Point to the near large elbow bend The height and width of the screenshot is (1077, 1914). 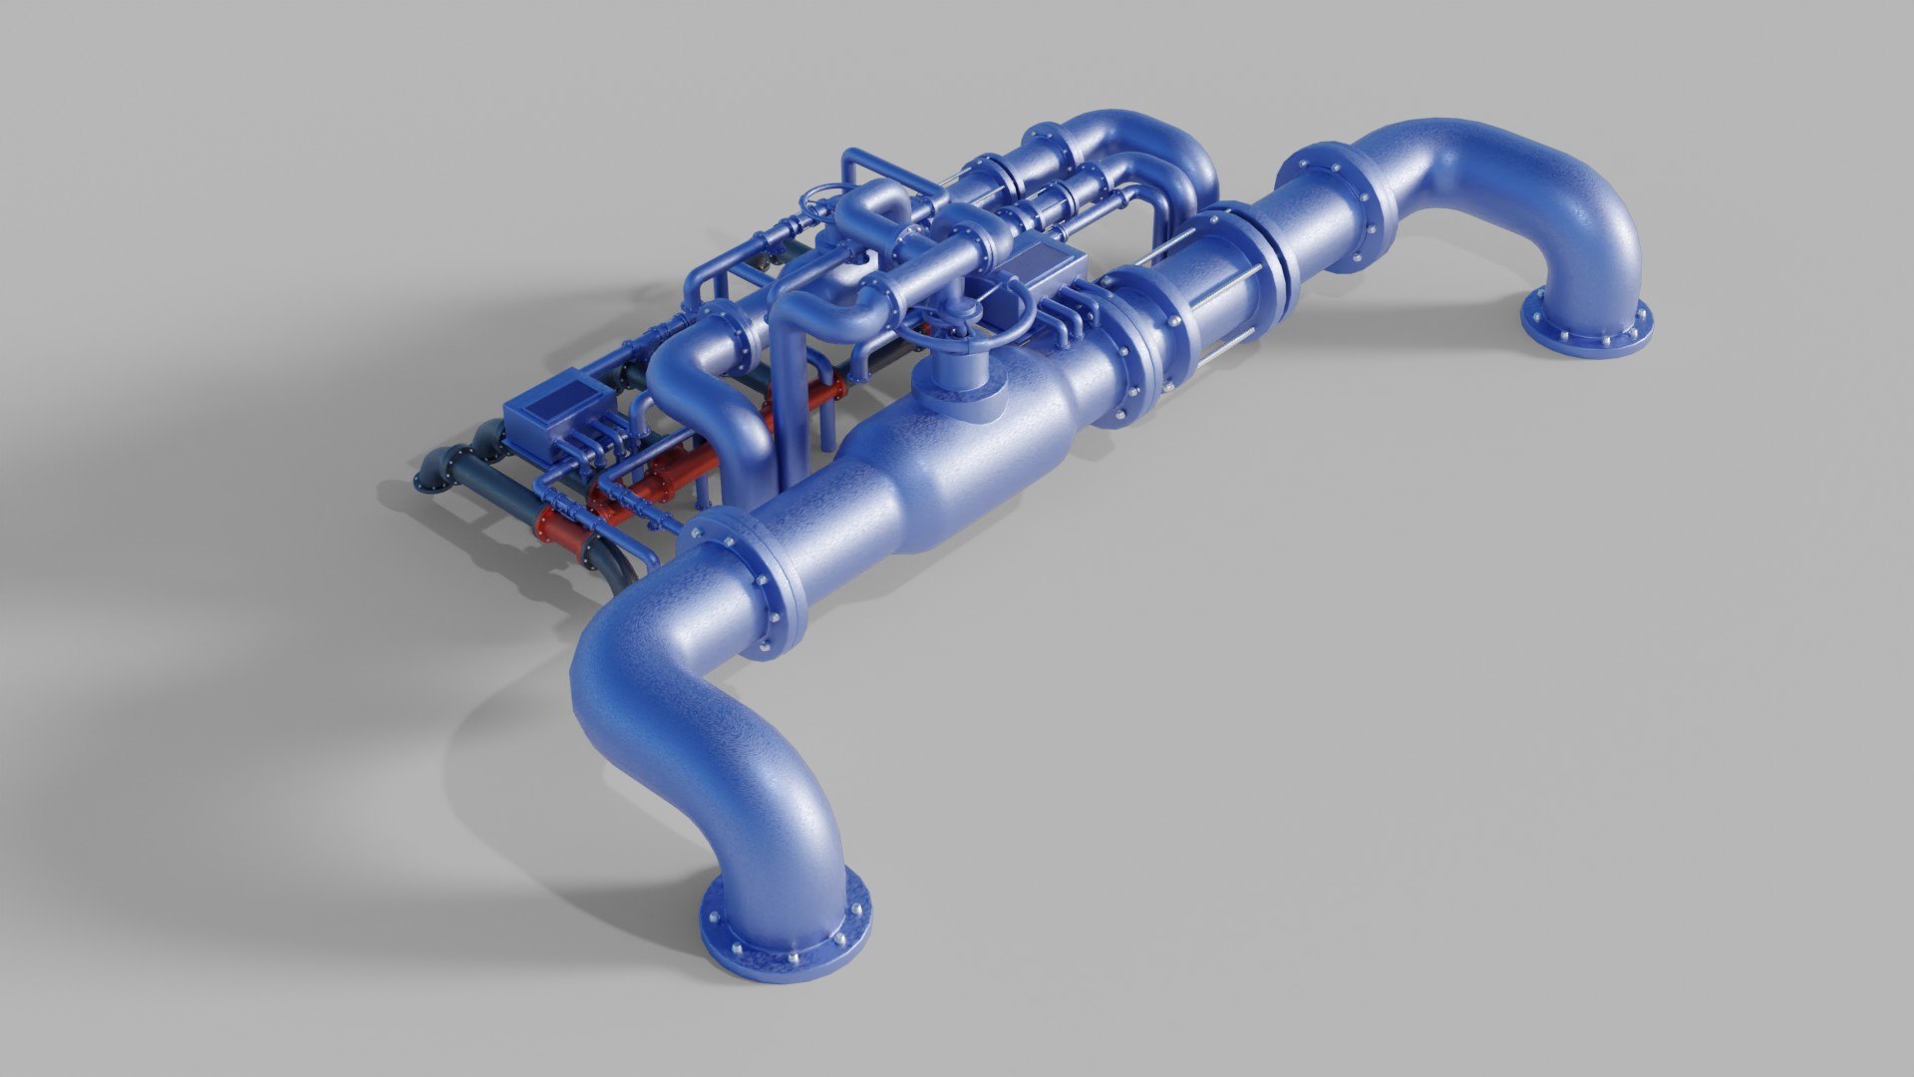pos(688,728)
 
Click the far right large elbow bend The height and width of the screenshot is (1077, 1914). pos(1555,199)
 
